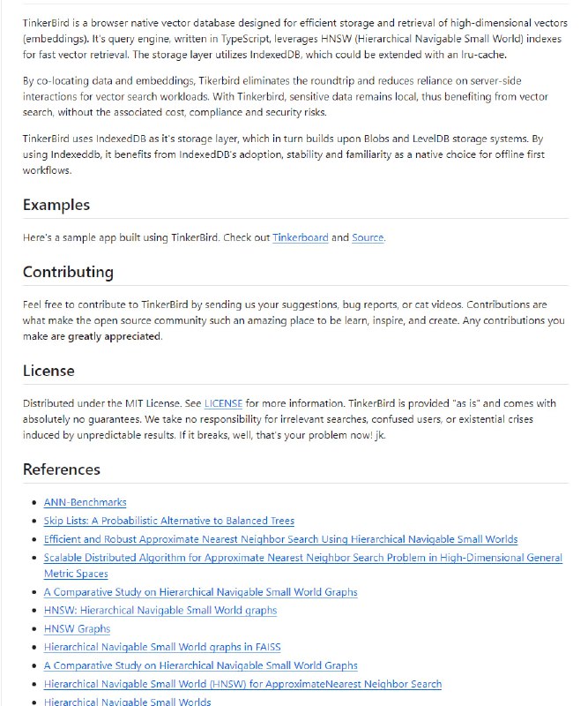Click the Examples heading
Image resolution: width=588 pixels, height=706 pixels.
[x=56, y=205]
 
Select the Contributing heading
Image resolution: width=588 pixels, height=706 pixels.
[x=68, y=272]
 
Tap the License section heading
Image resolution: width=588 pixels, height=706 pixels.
[x=48, y=371]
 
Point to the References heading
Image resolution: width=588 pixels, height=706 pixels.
[x=62, y=469]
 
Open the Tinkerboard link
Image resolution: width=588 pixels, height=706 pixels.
[x=299, y=237]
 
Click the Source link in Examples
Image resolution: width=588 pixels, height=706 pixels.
[x=368, y=237]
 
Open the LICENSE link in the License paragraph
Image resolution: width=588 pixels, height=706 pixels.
[x=223, y=403]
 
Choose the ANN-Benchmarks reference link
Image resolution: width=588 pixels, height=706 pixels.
[x=85, y=502]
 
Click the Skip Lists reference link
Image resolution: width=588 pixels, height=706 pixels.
[x=168, y=521]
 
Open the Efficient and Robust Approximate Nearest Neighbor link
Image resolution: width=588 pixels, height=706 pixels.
[x=280, y=539]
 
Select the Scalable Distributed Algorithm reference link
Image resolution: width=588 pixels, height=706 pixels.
[x=302, y=558]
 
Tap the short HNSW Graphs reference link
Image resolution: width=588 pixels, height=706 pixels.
[x=77, y=628]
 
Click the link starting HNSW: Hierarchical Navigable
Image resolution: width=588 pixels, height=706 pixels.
[x=160, y=610]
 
